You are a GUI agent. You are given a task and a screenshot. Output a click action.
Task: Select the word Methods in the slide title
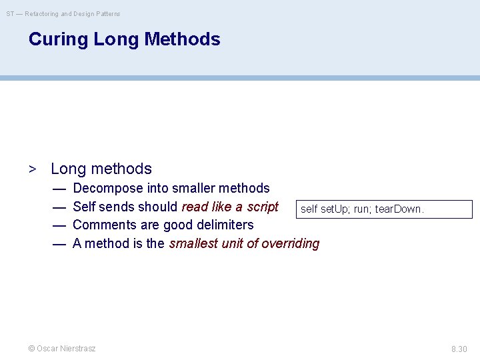182,39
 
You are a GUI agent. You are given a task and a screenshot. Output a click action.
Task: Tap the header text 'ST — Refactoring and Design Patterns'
63,13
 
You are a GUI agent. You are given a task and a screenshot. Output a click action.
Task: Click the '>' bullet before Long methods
32,169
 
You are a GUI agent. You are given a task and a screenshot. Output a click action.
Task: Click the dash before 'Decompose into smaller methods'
59,189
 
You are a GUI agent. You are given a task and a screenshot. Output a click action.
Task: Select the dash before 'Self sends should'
59,207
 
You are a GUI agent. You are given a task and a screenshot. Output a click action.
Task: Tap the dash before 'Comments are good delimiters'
59,225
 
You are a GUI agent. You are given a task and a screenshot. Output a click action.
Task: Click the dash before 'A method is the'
59,243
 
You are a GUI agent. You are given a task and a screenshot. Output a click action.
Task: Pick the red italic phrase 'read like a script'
230,207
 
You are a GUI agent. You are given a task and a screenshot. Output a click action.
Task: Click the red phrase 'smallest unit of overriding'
244,243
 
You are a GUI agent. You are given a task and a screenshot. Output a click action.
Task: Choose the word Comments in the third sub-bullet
103,225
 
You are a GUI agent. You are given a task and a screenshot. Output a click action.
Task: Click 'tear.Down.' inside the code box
399,209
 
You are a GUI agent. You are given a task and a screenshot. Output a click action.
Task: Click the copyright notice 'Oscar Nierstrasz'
61,349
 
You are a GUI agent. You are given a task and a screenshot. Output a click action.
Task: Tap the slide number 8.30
459,349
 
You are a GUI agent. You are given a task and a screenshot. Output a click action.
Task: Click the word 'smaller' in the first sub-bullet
195,189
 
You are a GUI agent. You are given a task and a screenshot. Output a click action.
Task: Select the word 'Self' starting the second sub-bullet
84,207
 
